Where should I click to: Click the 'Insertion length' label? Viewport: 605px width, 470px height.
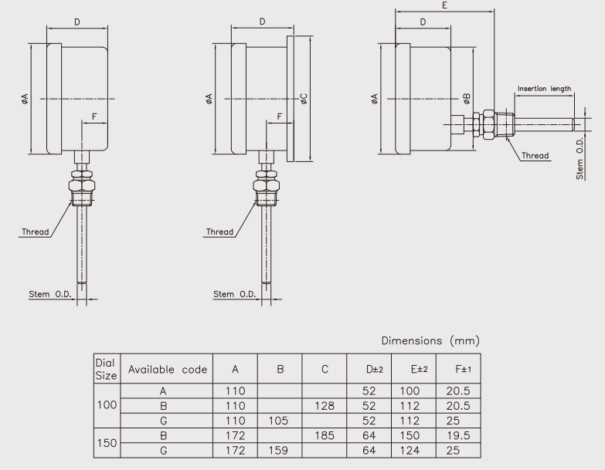click(544, 89)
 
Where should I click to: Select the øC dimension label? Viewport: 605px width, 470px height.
click(304, 99)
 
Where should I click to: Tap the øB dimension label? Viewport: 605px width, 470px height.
click(467, 99)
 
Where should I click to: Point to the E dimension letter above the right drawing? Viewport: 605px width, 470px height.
click(444, 5)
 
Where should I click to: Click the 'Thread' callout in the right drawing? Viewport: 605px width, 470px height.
click(535, 156)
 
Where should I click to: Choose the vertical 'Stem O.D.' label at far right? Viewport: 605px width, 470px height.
click(580, 158)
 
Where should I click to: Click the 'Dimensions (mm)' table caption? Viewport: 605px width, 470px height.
click(430, 340)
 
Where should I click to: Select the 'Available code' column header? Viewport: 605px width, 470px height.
click(168, 370)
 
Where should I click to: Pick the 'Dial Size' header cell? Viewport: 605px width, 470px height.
click(106, 369)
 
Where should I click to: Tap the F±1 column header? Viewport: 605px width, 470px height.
click(463, 369)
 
